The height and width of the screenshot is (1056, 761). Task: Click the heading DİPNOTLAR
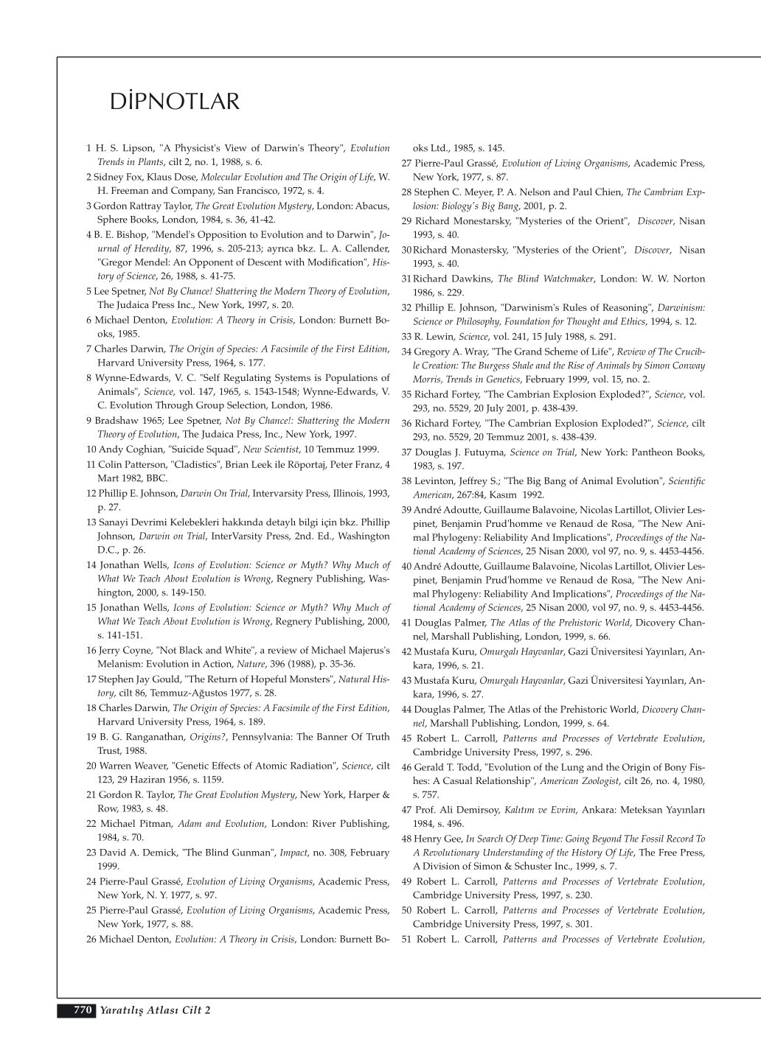175,102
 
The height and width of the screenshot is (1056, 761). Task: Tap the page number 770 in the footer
81,1010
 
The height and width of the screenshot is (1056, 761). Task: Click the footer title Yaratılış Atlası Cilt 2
156,1010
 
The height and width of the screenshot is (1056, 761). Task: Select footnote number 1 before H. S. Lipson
88,148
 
